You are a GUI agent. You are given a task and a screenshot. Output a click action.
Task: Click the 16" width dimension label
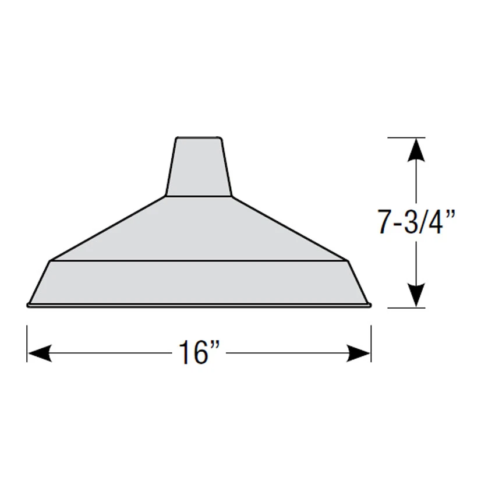(198, 353)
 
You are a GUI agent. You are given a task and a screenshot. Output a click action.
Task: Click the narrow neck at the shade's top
(199, 167)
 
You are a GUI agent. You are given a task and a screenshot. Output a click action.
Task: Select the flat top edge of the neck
(199, 138)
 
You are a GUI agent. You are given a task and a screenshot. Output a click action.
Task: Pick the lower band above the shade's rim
(199, 282)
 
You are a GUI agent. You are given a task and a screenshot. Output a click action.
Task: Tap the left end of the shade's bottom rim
(29, 305)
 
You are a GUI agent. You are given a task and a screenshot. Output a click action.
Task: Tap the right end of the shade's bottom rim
(369, 305)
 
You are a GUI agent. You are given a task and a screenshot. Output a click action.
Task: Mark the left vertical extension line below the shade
(27, 344)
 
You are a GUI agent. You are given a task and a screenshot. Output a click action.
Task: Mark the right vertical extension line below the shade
(371, 344)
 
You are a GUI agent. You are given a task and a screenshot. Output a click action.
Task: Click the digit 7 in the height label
(383, 222)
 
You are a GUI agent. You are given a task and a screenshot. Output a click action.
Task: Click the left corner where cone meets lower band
(52, 260)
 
